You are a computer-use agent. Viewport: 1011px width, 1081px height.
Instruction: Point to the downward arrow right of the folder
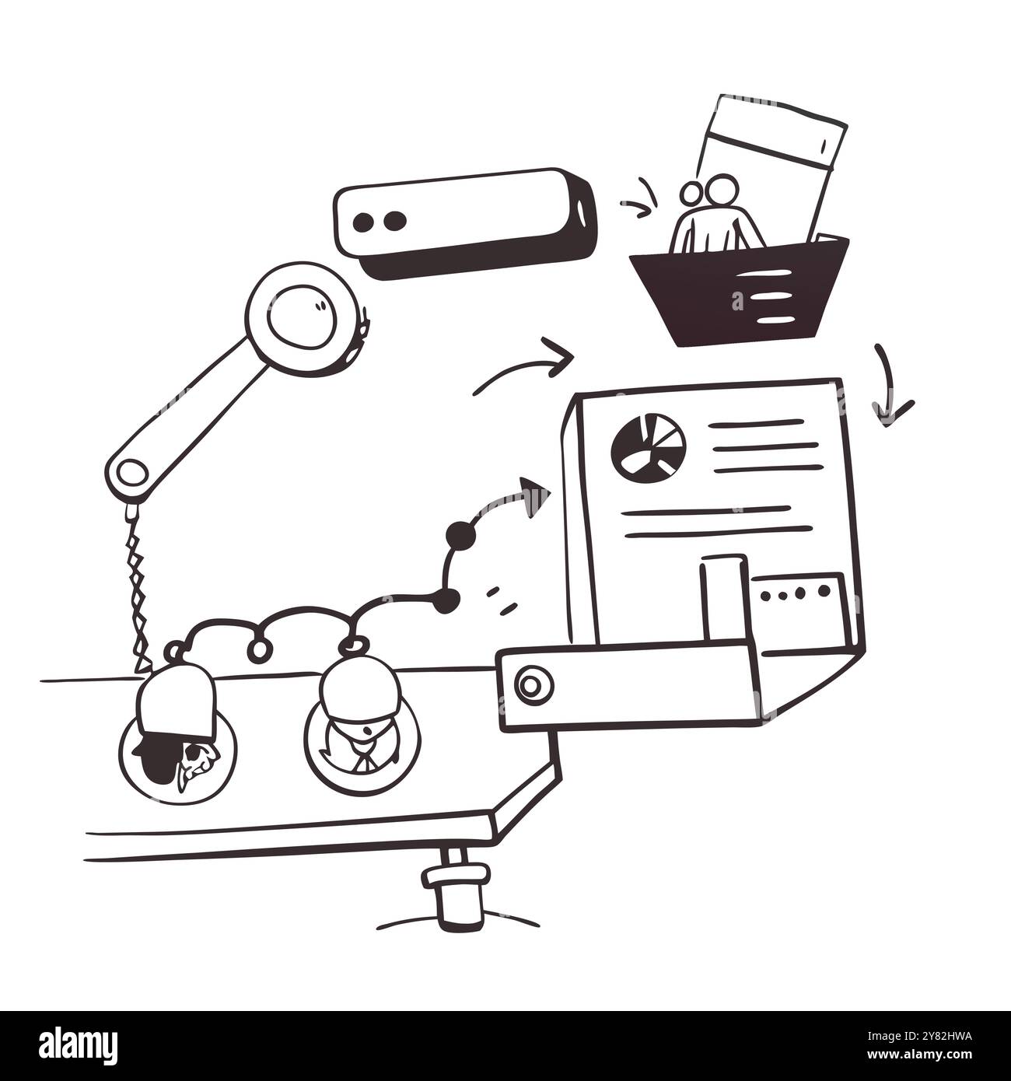pos(887,386)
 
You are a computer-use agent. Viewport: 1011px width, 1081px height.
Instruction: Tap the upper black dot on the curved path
pos(460,535)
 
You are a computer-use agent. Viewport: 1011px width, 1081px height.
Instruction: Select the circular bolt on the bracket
pos(533,685)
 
